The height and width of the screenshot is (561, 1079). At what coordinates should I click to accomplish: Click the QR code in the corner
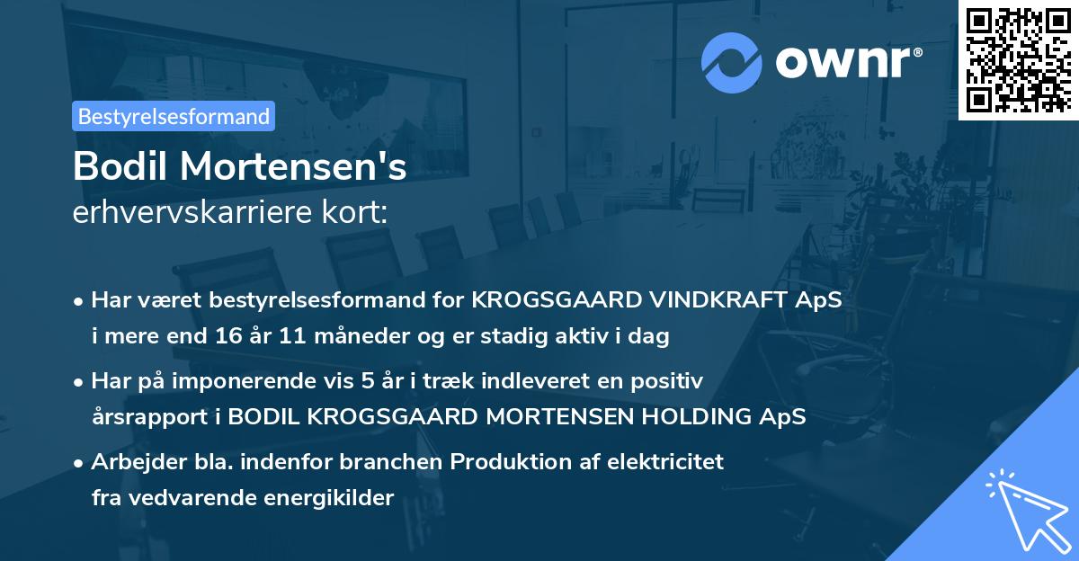[1018, 60]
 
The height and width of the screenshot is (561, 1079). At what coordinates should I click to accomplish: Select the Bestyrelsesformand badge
[174, 116]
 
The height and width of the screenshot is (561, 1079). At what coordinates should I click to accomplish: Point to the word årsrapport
[142, 417]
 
